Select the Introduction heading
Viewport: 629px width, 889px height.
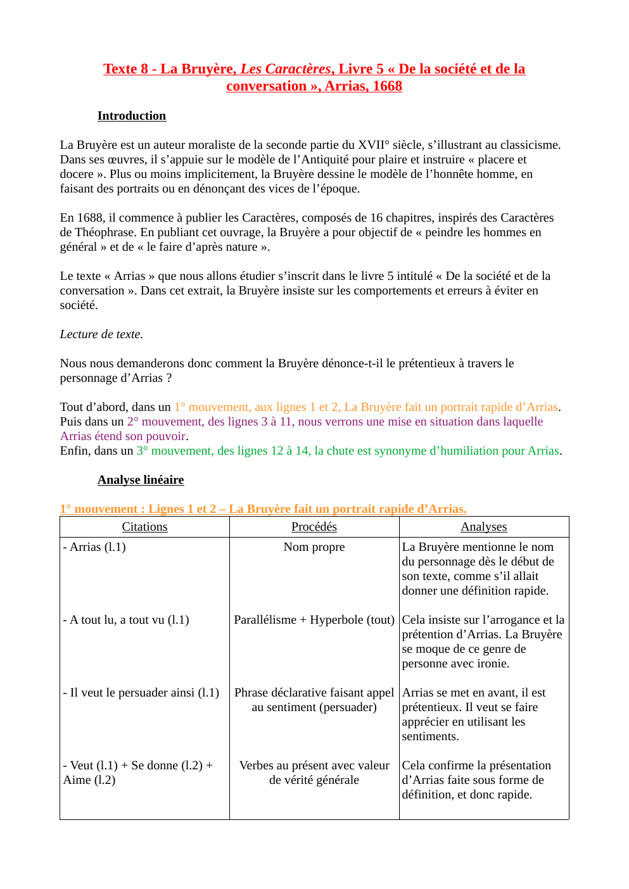tap(132, 116)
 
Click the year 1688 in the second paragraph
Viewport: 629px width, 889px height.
tap(89, 218)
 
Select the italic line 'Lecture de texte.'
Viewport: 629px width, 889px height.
tap(101, 334)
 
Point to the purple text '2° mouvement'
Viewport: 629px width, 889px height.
tap(165, 422)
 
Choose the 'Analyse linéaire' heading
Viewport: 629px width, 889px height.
tap(141, 480)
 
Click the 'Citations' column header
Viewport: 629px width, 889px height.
tap(144, 527)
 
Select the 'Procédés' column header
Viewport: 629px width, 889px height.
tap(314, 527)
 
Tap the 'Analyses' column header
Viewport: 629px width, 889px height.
tap(484, 527)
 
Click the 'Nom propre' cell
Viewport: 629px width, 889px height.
tap(314, 547)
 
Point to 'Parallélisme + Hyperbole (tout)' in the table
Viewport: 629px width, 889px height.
tap(314, 620)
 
